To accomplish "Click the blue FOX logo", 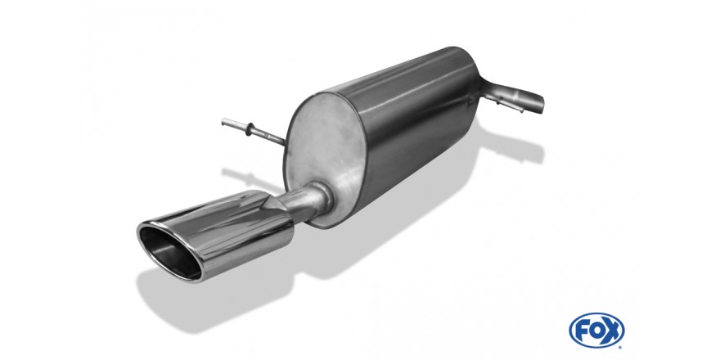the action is pyautogui.click(x=596, y=331).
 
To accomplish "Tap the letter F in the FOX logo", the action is pyautogui.click(x=582, y=331).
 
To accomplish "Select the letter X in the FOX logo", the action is pyautogui.click(x=612, y=331).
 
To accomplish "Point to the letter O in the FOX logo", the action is pyautogui.click(x=596, y=331).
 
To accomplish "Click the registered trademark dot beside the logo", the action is pyautogui.click(x=621, y=347).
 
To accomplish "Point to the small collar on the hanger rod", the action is pyautogui.click(x=250, y=130).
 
